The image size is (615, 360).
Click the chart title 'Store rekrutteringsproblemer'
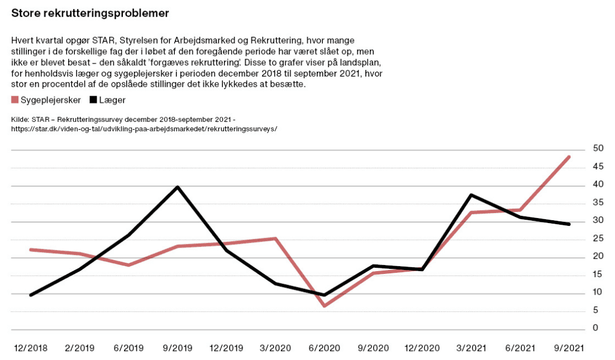90,13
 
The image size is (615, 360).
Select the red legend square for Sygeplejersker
15,100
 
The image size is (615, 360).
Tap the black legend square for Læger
93,100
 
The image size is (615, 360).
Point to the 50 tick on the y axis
583,148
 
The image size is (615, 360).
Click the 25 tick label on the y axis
583,238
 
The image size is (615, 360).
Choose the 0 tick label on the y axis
580,328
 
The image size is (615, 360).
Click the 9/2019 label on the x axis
178,348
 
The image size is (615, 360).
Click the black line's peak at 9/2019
178,187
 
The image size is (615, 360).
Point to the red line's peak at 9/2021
569,157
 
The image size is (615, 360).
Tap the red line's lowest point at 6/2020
325,306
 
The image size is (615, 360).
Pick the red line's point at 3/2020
275,239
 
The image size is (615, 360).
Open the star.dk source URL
144,129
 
